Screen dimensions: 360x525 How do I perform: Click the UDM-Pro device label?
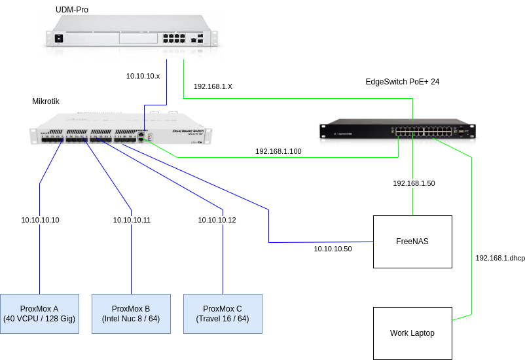pos(72,10)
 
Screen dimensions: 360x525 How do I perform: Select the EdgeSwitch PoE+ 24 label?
pos(402,82)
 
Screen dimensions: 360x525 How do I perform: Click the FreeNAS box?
pos(412,242)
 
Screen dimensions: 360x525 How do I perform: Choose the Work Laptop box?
pos(412,333)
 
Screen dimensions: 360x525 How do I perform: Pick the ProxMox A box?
pos(39,314)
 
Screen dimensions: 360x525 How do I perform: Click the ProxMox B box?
pos(131,314)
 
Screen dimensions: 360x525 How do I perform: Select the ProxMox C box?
pos(223,314)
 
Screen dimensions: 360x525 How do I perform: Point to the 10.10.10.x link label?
pos(143,77)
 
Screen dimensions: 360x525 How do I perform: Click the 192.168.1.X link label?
pos(213,86)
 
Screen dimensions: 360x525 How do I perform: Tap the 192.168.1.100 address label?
pos(278,151)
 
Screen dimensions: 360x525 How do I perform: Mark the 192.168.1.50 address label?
pos(414,183)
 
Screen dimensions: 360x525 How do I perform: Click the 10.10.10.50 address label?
pos(333,249)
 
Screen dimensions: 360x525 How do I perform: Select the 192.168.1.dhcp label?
pos(500,258)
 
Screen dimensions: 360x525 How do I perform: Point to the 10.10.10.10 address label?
pos(40,220)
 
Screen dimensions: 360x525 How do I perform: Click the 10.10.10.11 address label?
pos(132,220)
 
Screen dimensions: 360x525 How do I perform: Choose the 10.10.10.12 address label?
pos(217,220)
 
